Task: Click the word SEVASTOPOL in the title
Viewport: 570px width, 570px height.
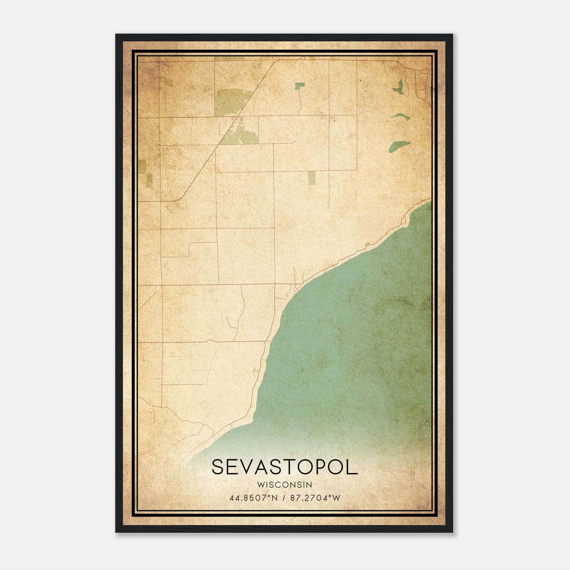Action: pos(284,467)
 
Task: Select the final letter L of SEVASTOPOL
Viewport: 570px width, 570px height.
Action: pos(352,467)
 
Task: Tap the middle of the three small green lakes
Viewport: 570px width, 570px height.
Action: pos(401,116)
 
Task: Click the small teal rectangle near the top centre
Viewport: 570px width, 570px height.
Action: pos(300,85)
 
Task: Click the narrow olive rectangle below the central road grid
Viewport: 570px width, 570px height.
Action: pos(312,177)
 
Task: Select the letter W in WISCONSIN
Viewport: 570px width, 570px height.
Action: pos(260,484)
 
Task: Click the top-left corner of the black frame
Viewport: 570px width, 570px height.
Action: pos(116,35)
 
